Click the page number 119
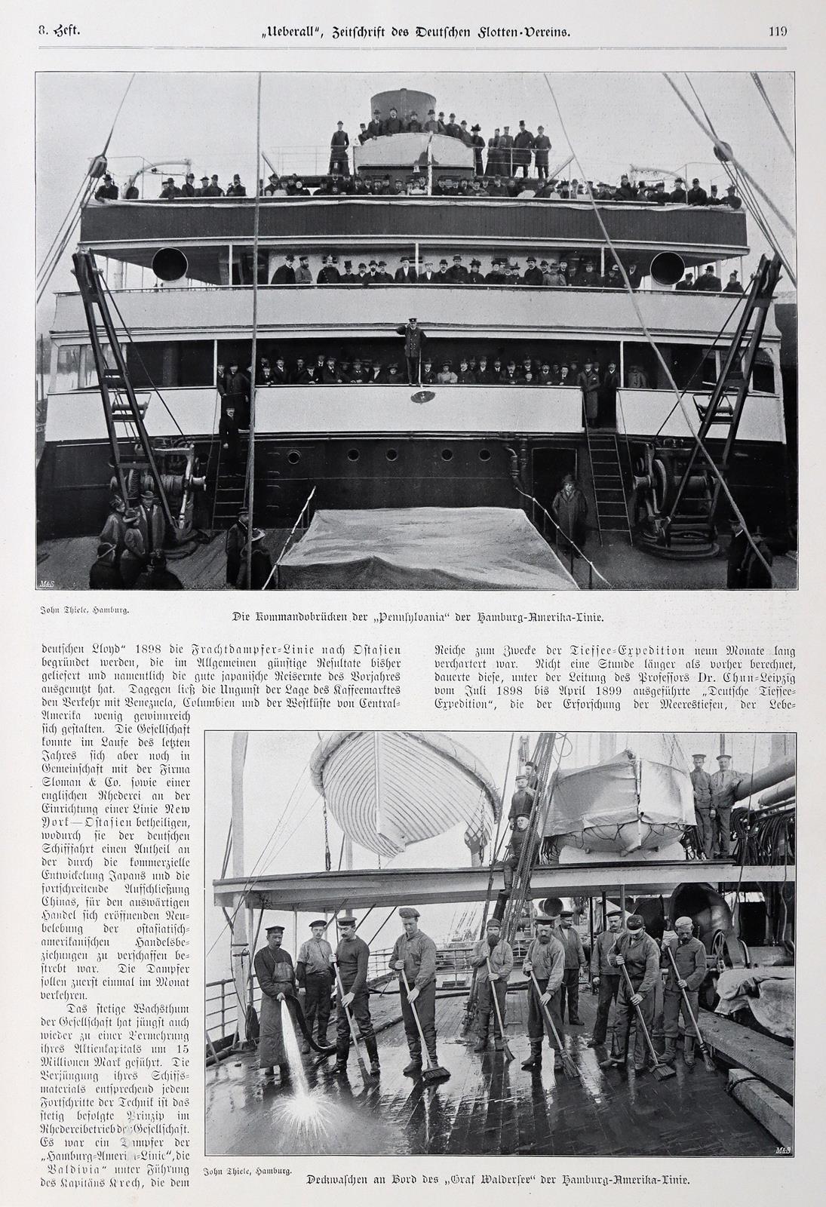click(x=778, y=32)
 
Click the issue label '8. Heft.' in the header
click(x=59, y=31)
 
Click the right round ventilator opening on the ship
click(x=667, y=268)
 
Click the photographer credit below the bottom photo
click(x=247, y=1171)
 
